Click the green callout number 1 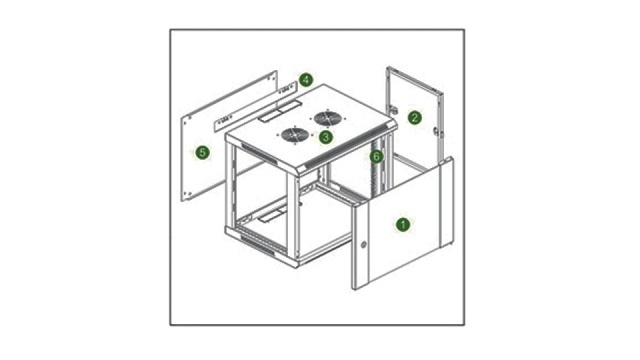point(403,224)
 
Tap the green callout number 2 point(414,118)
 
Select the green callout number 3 point(325,137)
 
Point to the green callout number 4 point(306,80)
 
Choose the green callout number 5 point(202,153)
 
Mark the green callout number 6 point(376,156)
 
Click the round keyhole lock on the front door point(363,245)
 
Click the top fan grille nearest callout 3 point(295,135)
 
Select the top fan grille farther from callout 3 point(328,118)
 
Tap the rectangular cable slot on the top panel point(279,111)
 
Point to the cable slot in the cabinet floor point(273,214)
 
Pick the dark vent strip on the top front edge point(346,148)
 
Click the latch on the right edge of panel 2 point(436,131)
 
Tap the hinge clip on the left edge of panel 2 point(394,109)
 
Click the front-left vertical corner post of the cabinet point(293,216)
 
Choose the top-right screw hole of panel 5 point(274,77)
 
